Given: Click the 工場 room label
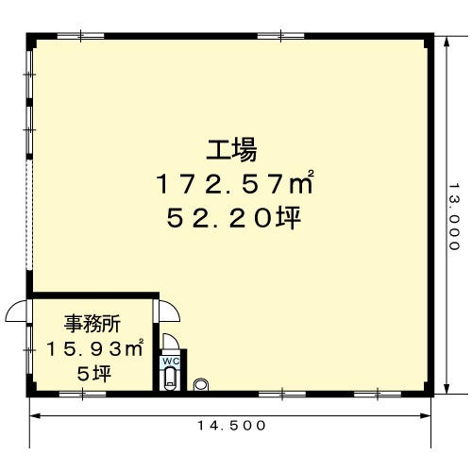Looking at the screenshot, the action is (231, 150).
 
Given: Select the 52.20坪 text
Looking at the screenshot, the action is (234, 218).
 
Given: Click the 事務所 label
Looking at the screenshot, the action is (93, 324).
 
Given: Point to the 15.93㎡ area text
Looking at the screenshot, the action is (95, 348).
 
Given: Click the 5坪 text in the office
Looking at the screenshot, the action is (94, 374).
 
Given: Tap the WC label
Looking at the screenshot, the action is (171, 361).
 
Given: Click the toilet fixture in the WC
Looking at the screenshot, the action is (171, 378).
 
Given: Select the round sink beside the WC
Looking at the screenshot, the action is (201, 384).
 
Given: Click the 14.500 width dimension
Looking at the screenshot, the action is (231, 426).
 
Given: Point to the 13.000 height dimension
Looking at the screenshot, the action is (453, 216).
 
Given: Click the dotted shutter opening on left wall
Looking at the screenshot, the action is (29, 215).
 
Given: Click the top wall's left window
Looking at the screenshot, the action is (80, 36).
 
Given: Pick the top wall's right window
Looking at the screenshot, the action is (281, 36).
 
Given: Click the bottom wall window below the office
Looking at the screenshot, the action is (82, 394).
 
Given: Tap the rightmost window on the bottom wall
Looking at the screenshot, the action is (378, 394).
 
